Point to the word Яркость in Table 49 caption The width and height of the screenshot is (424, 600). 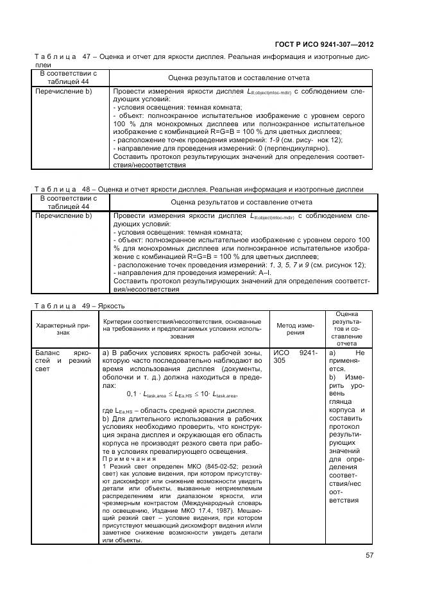coord(112,306)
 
